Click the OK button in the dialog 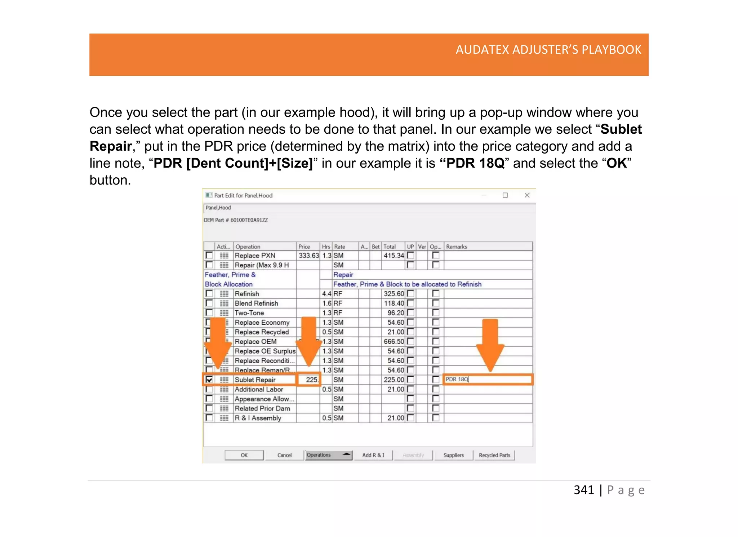pyautogui.click(x=244, y=455)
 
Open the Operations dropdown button pyautogui.click(x=328, y=455)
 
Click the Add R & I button pyautogui.click(x=373, y=455)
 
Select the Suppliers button pyautogui.click(x=453, y=455)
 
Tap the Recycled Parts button pyautogui.click(x=494, y=455)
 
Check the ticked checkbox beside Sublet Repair pyautogui.click(x=209, y=380)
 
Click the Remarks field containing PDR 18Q pyautogui.click(x=487, y=380)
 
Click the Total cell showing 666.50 pyautogui.click(x=394, y=342)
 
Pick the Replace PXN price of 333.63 pyautogui.click(x=308, y=256)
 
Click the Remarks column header pyautogui.click(x=457, y=247)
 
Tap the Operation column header pyautogui.click(x=248, y=247)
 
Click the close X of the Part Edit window pyautogui.click(x=527, y=195)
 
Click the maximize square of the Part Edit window pyautogui.click(x=505, y=195)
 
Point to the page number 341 pyautogui.click(x=584, y=490)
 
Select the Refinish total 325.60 pyautogui.click(x=394, y=294)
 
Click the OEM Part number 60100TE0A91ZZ pyautogui.click(x=249, y=220)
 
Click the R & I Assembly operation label pyautogui.click(x=258, y=418)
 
